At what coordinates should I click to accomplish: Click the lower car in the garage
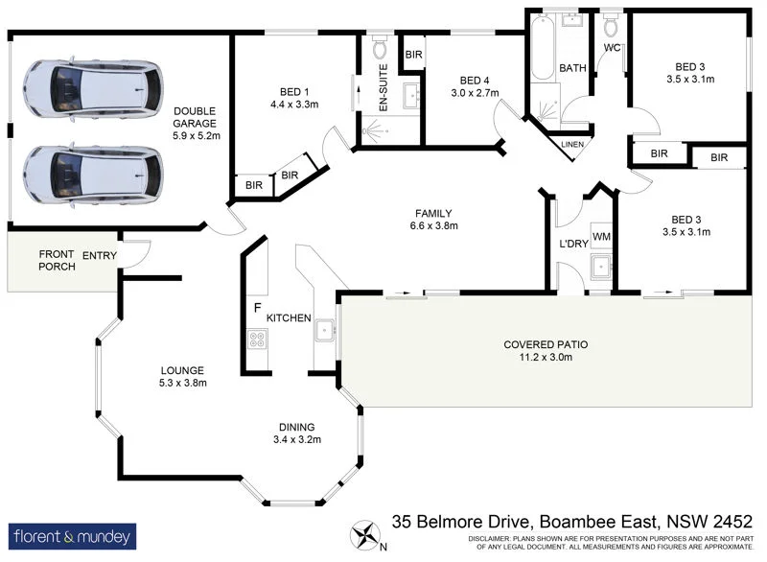[90, 175]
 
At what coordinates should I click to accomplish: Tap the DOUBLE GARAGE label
[196, 123]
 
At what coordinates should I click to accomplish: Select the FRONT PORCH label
[56, 262]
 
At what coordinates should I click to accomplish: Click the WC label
[612, 47]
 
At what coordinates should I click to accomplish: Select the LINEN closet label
[571, 144]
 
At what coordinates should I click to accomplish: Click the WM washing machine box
[601, 236]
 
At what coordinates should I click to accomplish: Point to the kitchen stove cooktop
[257, 339]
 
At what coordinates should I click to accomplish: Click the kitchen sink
[326, 330]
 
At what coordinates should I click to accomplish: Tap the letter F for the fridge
[257, 308]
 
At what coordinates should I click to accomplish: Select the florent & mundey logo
[73, 535]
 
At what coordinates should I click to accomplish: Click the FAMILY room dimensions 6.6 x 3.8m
[434, 227]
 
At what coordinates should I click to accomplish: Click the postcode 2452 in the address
[734, 523]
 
